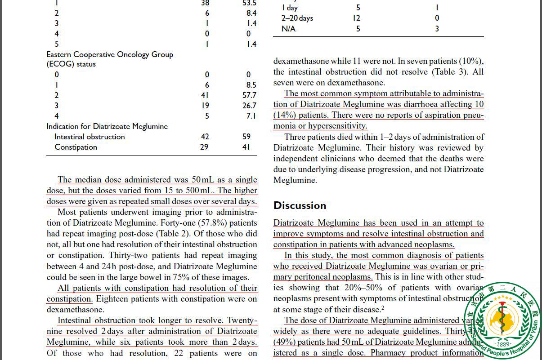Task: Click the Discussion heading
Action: pyautogui.click(x=300, y=205)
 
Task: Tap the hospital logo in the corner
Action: pyautogui.click(x=503, y=320)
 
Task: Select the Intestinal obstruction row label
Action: pyautogui.click(x=90, y=137)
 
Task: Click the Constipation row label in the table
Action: pyautogui.click(x=76, y=147)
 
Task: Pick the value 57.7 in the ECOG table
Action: pyautogui.click(x=249, y=95)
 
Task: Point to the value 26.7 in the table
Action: pyautogui.click(x=249, y=106)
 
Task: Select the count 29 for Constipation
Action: pyautogui.click(x=204, y=147)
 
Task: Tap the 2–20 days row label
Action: pyautogui.click(x=297, y=18)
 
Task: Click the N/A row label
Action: pyautogui.click(x=289, y=29)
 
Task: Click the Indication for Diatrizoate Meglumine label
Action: pyautogui.click(x=107, y=126)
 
